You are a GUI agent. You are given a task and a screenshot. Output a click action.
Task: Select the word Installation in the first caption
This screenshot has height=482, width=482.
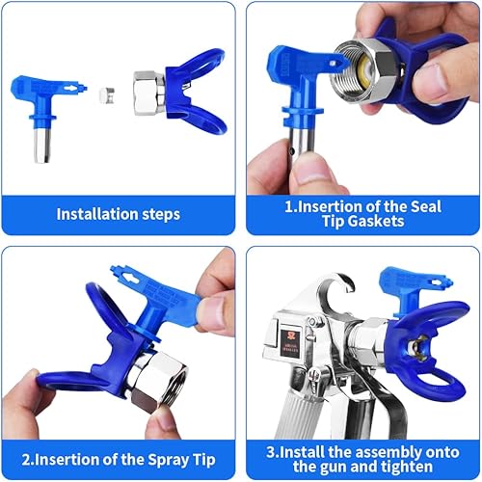93,214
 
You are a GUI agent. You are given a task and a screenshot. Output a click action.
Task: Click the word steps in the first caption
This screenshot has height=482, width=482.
165,214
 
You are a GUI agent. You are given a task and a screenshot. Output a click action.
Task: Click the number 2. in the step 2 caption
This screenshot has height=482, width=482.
32,456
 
